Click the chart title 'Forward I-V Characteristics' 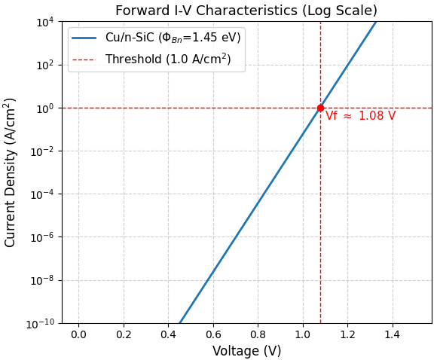coord(246,11)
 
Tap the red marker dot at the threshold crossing coord(320,108)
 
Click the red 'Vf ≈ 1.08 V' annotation coord(360,116)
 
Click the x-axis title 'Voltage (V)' coord(246,351)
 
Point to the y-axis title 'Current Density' coord(11,172)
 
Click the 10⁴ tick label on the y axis coord(45,22)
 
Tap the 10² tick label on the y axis coord(45,65)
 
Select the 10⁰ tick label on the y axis coord(45,108)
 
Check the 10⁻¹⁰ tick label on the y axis coord(42,323)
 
